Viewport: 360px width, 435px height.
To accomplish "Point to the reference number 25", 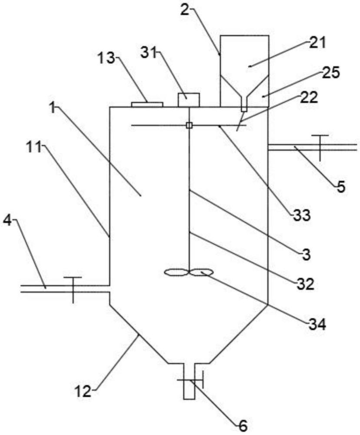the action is (x=330, y=73).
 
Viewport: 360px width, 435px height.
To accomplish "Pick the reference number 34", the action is (x=317, y=324).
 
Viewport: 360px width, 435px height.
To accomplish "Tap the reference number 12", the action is (x=83, y=391).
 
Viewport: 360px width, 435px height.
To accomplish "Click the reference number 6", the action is (x=243, y=427).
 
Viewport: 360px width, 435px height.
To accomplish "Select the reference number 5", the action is (x=341, y=187).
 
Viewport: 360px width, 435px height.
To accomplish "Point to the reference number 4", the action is (x=8, y=221).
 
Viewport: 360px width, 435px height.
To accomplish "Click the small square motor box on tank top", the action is (x=189, y=100).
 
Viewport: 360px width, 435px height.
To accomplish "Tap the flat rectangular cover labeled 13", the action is (x=147, y=104).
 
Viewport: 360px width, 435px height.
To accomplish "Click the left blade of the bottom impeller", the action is (x=176, y=273).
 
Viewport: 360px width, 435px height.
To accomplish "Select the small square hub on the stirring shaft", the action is (x=189, y=126).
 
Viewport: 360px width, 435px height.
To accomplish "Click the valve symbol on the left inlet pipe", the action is (x=73, y=290).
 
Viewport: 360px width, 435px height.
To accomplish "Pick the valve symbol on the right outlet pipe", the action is (x=320, y=148).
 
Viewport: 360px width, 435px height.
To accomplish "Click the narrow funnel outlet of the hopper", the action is (x=244, y=104).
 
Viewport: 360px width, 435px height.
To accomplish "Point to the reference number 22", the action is (x=308, y=98).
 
